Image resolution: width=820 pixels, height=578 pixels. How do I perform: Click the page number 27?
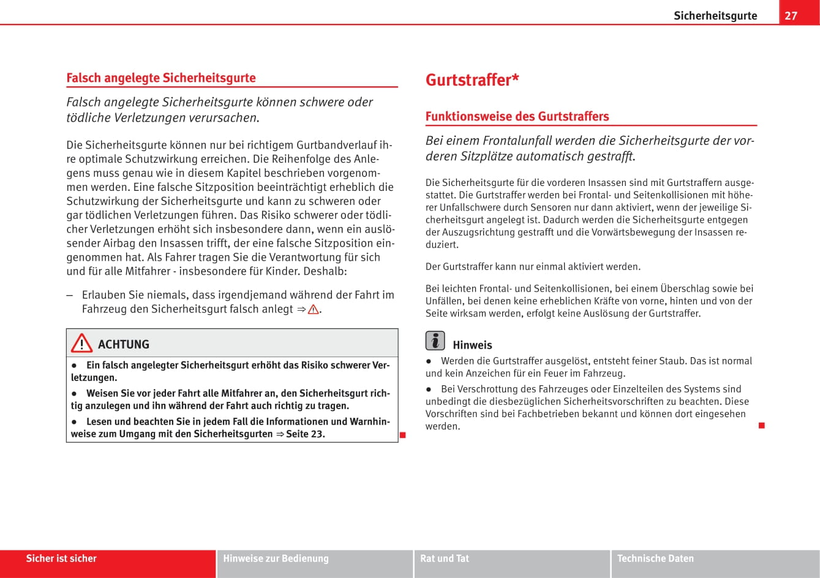pos(791,15)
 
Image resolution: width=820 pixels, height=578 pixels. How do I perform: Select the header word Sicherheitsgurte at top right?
pos(715,16)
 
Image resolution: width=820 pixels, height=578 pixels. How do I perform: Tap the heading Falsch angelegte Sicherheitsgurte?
pos(161,78)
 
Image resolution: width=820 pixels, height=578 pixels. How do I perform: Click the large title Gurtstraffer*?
pos(472,80)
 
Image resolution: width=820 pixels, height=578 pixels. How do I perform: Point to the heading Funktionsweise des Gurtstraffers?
pos(517,116)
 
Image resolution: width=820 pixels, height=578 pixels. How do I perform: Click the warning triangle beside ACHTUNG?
pos(81,344)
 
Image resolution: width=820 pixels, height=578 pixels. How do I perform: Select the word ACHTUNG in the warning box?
pos(124,344)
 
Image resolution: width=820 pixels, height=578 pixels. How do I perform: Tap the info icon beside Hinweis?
pos(435,341)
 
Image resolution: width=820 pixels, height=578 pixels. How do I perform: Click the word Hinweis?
pos(472,345)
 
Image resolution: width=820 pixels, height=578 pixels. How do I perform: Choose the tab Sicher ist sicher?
pos(61,558)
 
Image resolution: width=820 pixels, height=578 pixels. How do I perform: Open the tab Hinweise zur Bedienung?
pos(276,558)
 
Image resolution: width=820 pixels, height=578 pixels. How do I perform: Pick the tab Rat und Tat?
pos(445,558)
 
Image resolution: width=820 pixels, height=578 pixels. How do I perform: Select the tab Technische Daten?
pos(655,558)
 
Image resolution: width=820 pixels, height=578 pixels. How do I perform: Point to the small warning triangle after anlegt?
pos(313,309)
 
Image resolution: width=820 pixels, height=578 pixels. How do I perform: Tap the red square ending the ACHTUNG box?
pos(403,435)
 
